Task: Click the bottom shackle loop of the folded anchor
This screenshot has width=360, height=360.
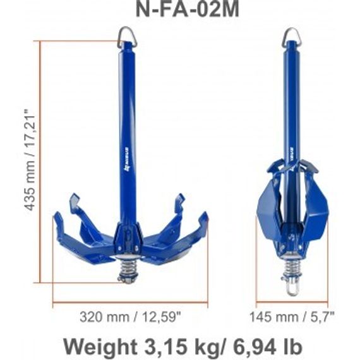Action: [292, 289]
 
